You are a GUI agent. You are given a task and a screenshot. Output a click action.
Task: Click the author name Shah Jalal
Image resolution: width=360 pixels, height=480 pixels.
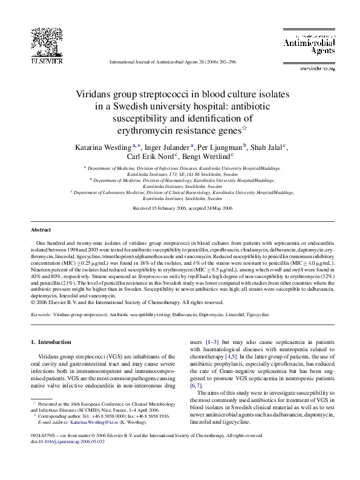[266, 146]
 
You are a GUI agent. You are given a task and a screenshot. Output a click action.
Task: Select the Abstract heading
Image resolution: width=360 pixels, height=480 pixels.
[41, 230]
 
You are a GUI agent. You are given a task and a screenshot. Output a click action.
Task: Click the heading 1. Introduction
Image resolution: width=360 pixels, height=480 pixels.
[50, 343]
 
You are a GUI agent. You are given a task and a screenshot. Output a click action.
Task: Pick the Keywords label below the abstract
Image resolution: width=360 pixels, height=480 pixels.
[40, 315]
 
